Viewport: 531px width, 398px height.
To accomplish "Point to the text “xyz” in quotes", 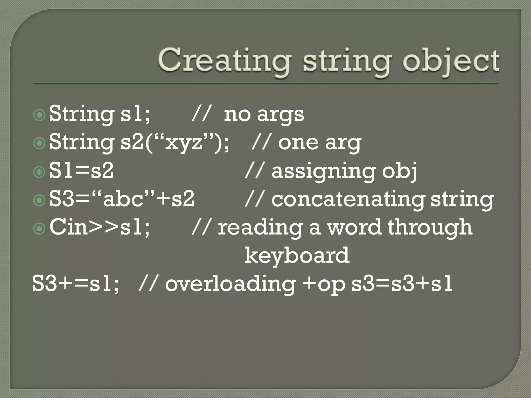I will [x=184, y=142].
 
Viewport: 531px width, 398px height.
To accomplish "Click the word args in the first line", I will [x=281, y=115].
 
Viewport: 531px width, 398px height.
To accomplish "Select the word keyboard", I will [x=297, y=255].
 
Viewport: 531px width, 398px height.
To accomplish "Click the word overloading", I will [x=230, y=283].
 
